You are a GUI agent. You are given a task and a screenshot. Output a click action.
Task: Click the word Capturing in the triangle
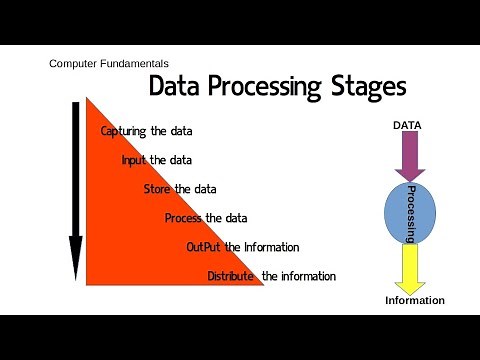(x=125, y=131)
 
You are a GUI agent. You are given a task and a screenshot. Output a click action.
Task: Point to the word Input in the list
(x=134, y=160)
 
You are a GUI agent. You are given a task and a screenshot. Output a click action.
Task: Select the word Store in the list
(x=158, y=189)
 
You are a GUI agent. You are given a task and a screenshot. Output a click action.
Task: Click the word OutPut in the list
(x=204, y=247)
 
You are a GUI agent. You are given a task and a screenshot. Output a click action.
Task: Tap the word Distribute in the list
(x=231, y=276)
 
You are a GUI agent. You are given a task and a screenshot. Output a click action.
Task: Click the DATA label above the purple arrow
(x=406, y=125)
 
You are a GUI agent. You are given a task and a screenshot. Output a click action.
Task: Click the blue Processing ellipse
(x=410, y=213)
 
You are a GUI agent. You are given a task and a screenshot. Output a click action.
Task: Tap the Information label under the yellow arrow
(x=415, y=301)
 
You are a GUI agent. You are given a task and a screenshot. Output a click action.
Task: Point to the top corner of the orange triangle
(x=87, y=97)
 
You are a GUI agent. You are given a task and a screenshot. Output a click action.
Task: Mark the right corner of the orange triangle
(x=262, y=284)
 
